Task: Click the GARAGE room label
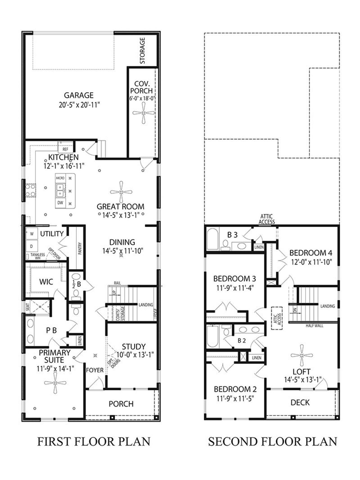coord(78,95)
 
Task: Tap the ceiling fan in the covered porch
coord(143,113)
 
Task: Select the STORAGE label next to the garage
coord(142,51)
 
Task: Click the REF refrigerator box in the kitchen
coord(65,149)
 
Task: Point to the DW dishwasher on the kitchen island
coord(60,203)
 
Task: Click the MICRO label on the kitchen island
coord(60,178)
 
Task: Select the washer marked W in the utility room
coord(32,233)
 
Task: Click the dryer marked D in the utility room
coord(31,246)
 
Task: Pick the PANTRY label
coord(80,249)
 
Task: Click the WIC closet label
coord(46,281)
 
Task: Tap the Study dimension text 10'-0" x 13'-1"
coord(133,355)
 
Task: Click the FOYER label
coord(95,370)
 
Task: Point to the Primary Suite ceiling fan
coord(55,383)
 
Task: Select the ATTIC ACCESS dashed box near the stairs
coord(276,318)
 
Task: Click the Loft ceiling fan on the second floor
coord(302,355)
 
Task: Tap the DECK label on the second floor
coord(300,403)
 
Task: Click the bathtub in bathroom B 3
coord(213,239)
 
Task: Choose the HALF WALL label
coord(314,326)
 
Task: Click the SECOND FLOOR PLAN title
coord(272,441)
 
